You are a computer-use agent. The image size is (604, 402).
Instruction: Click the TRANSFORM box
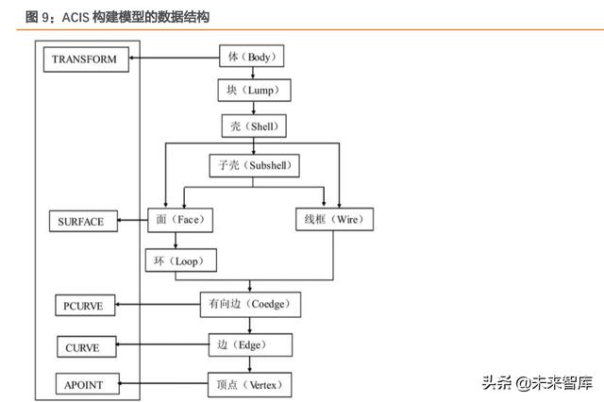tap(85, 59)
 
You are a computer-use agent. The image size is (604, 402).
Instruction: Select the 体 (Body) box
tap(251, 57)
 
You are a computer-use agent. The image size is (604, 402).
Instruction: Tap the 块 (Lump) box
tap(251, 91)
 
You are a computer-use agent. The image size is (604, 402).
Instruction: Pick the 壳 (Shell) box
tap(251, 126)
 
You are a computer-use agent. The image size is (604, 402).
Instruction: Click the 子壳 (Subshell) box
tap(252, 166)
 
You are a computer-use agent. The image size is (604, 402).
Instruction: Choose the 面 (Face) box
tap(180, 220)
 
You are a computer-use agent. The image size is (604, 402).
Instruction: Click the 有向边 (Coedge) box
tap(251, 304)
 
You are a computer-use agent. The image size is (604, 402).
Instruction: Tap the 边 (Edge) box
tap(251, 345)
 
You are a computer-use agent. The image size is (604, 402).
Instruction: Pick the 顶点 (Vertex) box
tap(250, 384)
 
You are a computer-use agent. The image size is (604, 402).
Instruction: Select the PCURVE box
tap(85, 307)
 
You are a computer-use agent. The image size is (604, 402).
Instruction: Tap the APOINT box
tap(86, 385)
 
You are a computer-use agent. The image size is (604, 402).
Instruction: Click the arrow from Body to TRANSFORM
tap(174, 59)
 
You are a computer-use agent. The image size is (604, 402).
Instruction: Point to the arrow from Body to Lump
tap(251, 74)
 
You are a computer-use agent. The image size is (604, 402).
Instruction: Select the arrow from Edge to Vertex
tap(251, 365)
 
